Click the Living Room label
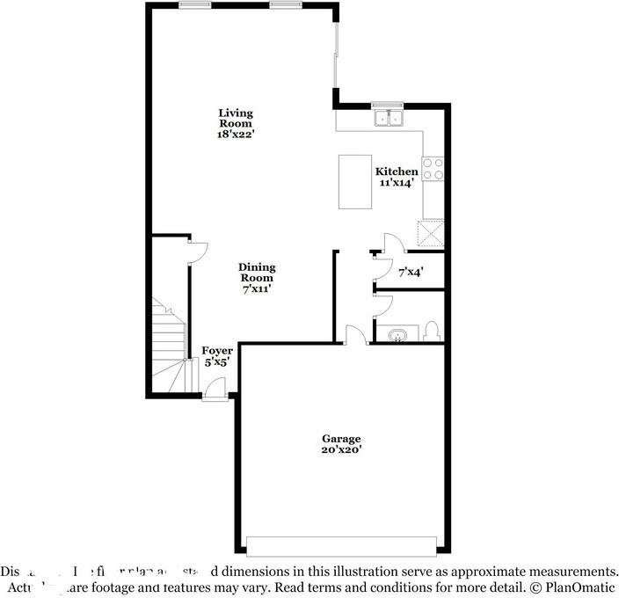coord(236,119)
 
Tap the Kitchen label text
coord(397,171)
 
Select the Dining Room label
coord(258,273)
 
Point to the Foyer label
coord(217,351)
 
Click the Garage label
coord(341,439)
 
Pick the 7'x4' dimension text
coord(411,273)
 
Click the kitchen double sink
coord(387,118)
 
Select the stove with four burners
coord(433,168)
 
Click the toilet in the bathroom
coord(431,332)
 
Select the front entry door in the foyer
coord(214,387)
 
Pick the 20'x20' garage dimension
coord(341,450)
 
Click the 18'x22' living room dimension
coord(236,135)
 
